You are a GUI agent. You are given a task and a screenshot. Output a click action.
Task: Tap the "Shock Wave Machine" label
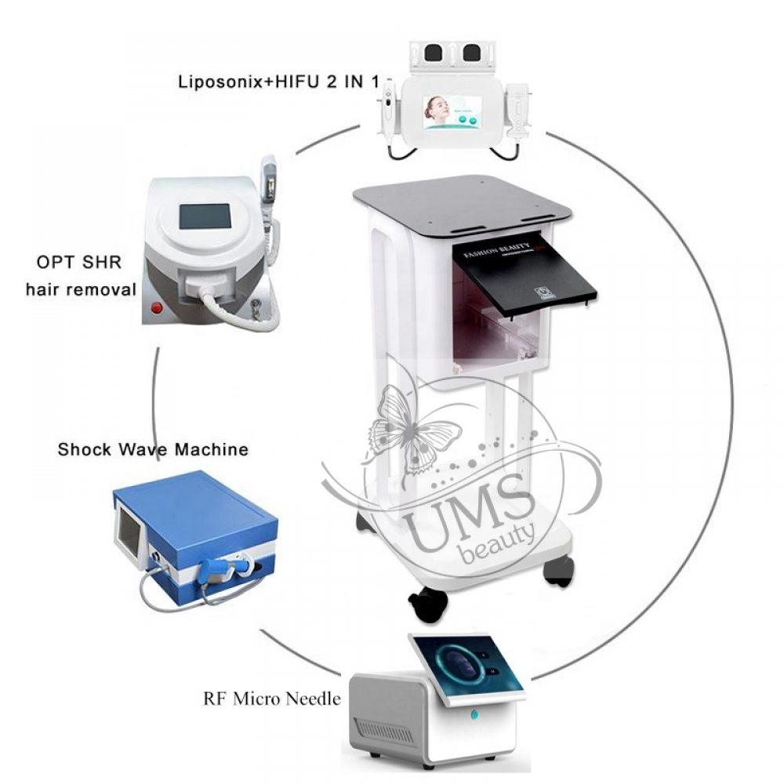(x=153, y=450)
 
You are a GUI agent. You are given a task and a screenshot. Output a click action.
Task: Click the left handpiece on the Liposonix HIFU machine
(x=387, y=110)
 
